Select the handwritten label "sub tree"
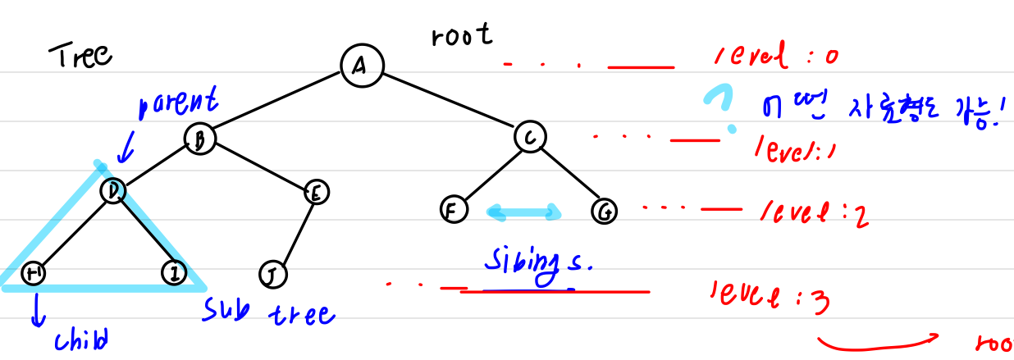coord(269,312)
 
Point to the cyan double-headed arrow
coord(524,213)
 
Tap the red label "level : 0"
coord(775,56)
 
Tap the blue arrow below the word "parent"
coord(125,150)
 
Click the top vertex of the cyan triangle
coord(99,166)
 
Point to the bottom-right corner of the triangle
coord(201,286)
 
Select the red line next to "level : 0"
coord(641,68)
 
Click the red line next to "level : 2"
coord(721,209)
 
